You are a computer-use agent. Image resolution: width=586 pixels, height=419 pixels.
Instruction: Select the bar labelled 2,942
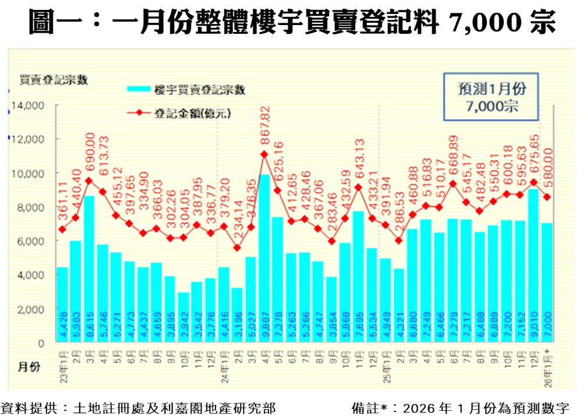(183, 317)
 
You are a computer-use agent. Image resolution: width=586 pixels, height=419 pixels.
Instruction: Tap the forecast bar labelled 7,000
(547, 283)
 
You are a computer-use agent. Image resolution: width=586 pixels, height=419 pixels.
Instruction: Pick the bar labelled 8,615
(89, 269)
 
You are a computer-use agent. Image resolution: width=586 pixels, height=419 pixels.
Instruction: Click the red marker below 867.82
(264, 154)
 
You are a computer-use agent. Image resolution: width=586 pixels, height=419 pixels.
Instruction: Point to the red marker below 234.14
(237, 248)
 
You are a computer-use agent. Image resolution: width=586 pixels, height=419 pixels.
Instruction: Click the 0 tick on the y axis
(41, 343)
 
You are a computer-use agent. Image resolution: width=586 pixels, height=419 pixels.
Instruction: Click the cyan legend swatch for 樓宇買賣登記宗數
(138, 89)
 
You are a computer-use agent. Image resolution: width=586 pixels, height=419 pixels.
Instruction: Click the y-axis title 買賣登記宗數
(53, 80)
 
